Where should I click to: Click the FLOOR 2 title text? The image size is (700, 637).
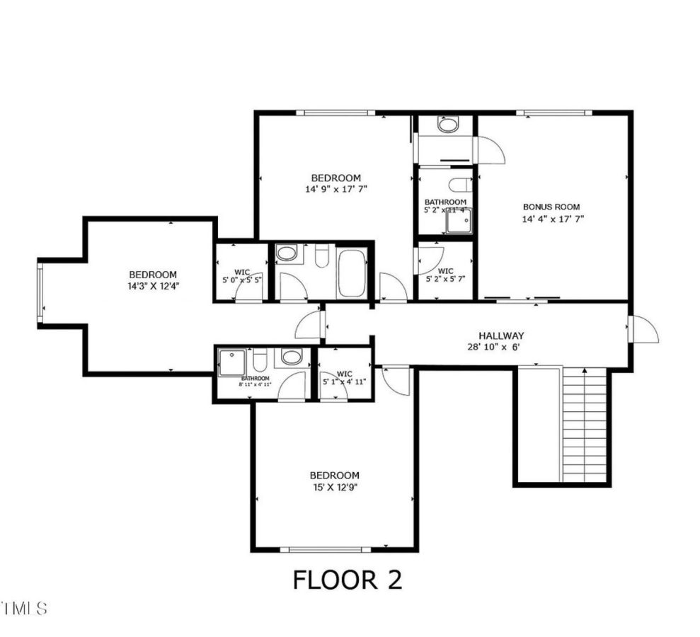pos(348,580)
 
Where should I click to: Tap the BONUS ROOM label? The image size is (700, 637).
pos(551,207)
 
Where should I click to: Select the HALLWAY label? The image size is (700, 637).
pos(500,335)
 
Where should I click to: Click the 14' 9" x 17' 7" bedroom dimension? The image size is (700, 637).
pos(336,189)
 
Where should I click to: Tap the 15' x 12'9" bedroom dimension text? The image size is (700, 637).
pos(334,488)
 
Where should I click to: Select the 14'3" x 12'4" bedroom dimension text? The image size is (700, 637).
pos(152,287)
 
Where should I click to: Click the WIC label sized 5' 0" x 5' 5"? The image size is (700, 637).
pos(242,272)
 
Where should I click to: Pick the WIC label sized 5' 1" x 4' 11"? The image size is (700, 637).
pos(345,374)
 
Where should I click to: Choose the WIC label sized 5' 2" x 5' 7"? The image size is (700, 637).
pos(445,271)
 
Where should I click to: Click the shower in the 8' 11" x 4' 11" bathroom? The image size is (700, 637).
pos(231,362)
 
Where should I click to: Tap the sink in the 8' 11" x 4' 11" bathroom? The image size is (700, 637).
pos(291,357)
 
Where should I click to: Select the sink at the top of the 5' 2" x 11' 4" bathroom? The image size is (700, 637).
pos(447,126)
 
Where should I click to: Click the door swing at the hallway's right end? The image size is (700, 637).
pos(644,329)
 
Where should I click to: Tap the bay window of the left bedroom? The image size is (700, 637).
pos(40,292)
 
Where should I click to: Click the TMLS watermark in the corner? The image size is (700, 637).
pos(24,607)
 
